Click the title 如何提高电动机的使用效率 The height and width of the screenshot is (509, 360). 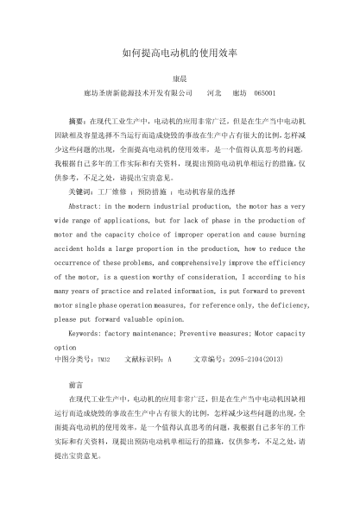coord(180,53)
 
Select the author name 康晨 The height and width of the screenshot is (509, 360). coord(180,78)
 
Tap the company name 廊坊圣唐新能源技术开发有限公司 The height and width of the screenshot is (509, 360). coord(137,91)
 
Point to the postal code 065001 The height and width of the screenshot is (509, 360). coord(262,91)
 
